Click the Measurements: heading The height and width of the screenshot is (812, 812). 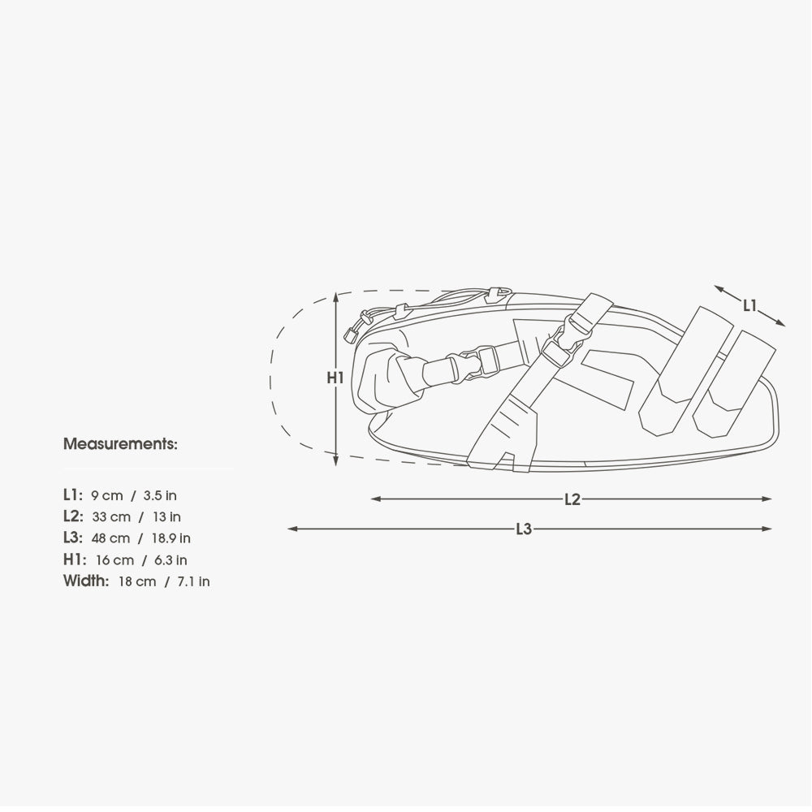pos(120,444)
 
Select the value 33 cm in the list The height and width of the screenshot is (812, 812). pos(111,516)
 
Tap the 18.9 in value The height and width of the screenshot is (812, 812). pos(171,538)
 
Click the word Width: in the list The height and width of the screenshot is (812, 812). pos(86,581)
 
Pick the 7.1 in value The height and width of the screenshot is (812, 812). pos(193,581)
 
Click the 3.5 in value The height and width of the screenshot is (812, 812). pos(160,495)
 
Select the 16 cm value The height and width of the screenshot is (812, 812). pos(115,559)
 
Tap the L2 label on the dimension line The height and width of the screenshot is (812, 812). pos(572,499)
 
